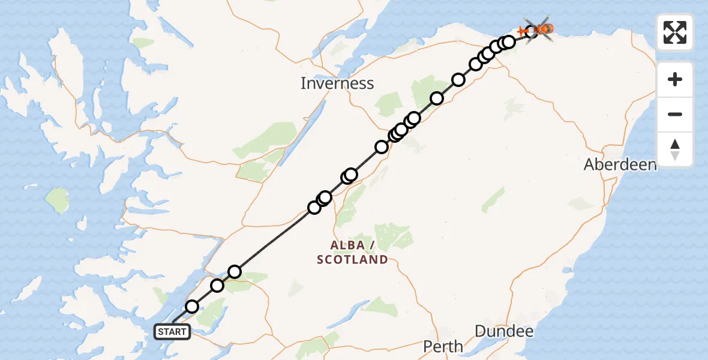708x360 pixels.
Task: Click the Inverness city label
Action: click(337, 83)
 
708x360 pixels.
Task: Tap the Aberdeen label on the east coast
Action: click(620, 164)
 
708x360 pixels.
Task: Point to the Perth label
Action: click(443, 346)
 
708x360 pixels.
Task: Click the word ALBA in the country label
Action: click(347, 245)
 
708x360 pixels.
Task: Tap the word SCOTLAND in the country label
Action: click(352, 260)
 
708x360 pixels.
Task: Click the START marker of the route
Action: click(172, 331)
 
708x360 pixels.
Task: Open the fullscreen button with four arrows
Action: click(675, 32)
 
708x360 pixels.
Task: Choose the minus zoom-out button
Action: click(675, 115)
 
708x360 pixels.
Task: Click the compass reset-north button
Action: click(675, 149)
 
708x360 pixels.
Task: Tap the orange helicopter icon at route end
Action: click(544, 28)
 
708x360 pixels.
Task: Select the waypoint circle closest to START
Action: click(191, 307)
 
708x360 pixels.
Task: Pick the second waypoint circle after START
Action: click(217, 286)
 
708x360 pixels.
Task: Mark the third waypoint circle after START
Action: click(235, 272)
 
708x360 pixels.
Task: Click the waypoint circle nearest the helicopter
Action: click(531, 31)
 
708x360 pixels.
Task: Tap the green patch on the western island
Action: click(58, 200)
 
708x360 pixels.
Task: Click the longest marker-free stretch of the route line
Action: click(274, 239)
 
